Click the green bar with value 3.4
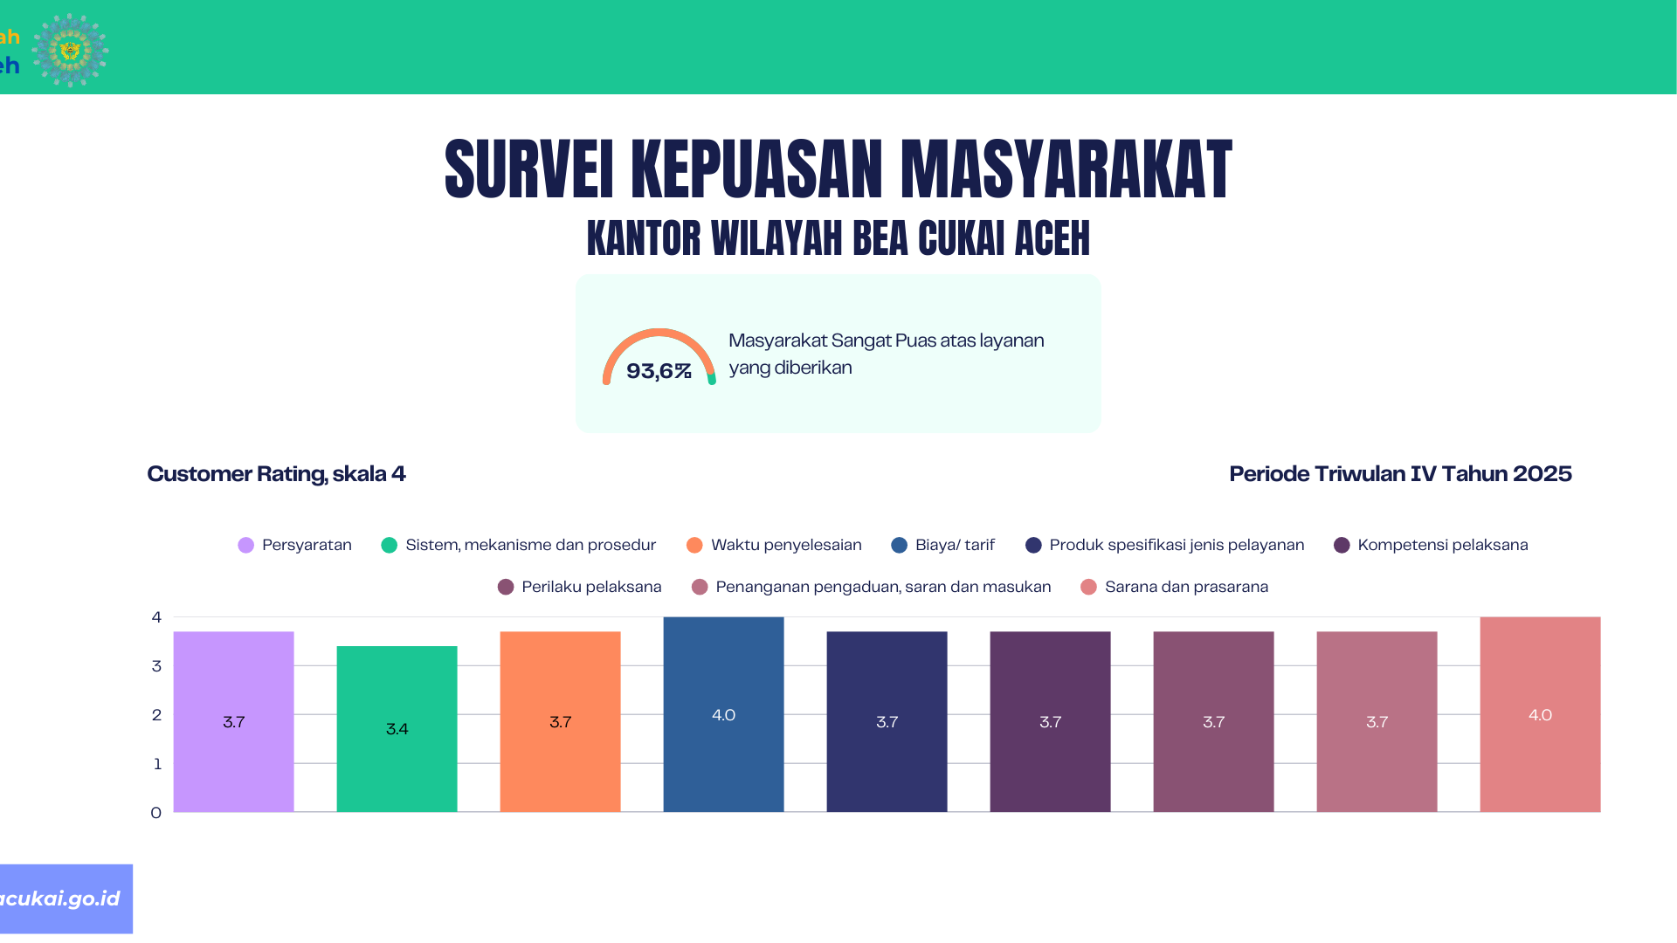(397, 729)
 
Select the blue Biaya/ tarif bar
(723, 714)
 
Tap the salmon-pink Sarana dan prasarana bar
(1540, 714)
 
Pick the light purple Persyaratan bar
(233, 721)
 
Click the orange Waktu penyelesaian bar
(560, 721)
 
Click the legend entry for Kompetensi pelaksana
(1431, 545)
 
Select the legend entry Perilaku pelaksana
(580, 587)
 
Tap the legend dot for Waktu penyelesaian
(694, 545)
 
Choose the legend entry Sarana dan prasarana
(1175, 587)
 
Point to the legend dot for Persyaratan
(246, 545)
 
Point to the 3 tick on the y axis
(156, 666)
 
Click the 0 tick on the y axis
(156, 813)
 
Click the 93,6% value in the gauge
(659, 371)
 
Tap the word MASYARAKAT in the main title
(1066, 169)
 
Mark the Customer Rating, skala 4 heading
(276, 474)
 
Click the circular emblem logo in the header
(70, 50)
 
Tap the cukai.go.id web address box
(66, 898)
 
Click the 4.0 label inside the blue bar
(723, 715)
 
